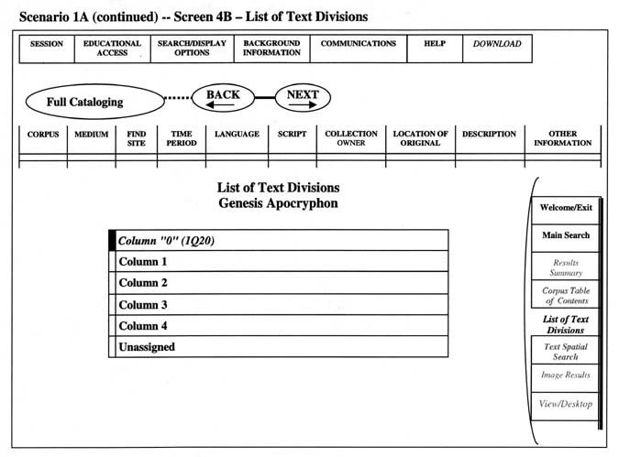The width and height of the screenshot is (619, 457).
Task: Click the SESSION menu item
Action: click(x=47, y=49)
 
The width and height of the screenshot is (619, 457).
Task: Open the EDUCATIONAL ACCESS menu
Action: click(x=113, y=49)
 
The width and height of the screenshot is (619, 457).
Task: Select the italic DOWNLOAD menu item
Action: click(x=497, y=49)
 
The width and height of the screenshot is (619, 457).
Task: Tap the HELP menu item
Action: click(x=435, y=49)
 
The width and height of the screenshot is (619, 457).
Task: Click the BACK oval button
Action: click(x=223, y=98)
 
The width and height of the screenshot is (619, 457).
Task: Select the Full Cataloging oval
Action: click(x=94, y=102)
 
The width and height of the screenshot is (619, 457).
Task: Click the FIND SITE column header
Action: click(x=137, y=138)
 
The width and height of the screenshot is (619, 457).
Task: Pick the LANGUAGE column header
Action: click(x=237, y=138)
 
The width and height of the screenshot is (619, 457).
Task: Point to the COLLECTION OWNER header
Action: click(x=351, y=138)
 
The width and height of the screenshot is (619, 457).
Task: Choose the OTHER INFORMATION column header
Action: click(x=562, y=138)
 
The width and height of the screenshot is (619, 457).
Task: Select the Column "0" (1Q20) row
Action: click(x=282, y=241)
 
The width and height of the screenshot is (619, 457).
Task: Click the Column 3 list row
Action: click(x=282, y=304)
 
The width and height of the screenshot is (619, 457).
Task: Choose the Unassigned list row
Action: click(x=282, y=347)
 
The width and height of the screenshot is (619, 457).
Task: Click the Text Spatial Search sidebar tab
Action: click(x=565, y=351)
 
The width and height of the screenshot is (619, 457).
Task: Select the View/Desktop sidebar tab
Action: click(x=565, y=406)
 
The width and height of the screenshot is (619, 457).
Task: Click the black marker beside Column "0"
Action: click(x=112, y=241)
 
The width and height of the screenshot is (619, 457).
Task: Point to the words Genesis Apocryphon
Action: click(x=278, y=203)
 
